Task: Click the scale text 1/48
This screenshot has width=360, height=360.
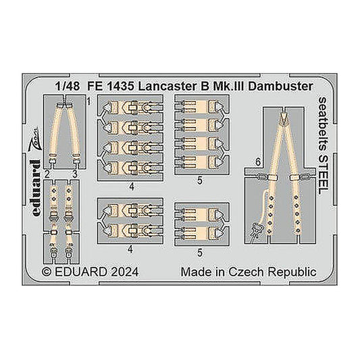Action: click(x=68, y=86)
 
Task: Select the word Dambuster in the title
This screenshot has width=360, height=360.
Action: click(x=280, y=86)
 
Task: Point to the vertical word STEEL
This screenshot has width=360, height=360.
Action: click(x=324, y=174)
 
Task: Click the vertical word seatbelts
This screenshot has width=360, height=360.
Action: click(x=324, y=124)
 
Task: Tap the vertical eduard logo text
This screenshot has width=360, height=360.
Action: click(x=35, y=188)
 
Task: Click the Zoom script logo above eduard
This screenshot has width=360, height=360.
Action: click(x=35, y=140)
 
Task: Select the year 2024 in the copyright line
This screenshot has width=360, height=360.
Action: click(x=125, y=272)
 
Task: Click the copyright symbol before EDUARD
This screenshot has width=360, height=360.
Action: click(x=47, y=272)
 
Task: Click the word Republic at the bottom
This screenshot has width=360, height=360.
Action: click(x=292, y=272)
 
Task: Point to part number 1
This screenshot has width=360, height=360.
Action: click(x=89, y=101)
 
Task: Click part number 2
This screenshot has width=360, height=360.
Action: click(x=47, y=175)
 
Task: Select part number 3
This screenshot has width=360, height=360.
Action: click(x=75, y=175)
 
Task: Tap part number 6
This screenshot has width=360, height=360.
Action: click(x=258, y=163)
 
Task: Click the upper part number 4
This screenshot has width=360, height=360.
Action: click(x=132, y=187)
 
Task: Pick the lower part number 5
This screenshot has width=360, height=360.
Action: click(x=200, y=253)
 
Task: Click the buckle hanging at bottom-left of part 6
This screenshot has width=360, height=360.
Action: click(x=256, y=231)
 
